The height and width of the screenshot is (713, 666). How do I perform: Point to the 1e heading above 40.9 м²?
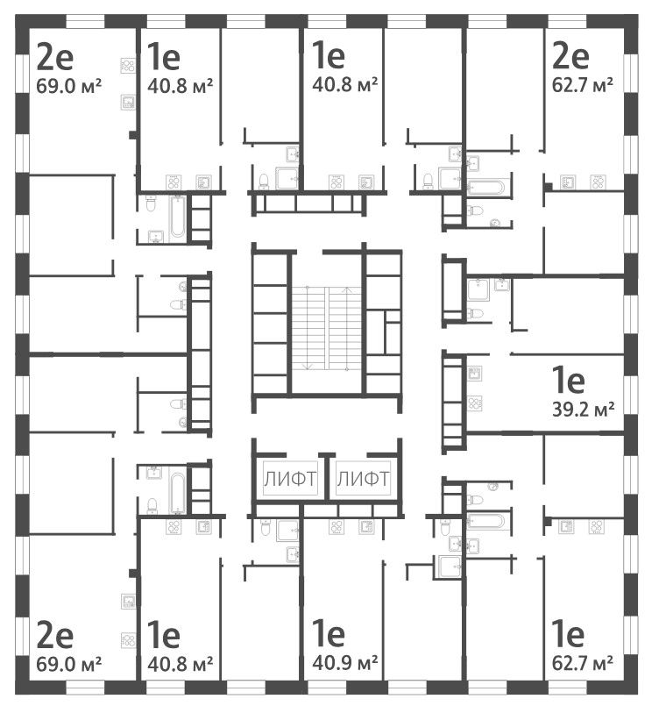pyautogui.click(x=329, y=634)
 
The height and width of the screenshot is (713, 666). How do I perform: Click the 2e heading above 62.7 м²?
pyautogui.click(x=569, y=58)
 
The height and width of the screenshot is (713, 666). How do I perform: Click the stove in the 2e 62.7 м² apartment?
pyautogui.click(x=599, y=182)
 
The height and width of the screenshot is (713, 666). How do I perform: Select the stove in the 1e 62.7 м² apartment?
pyautogui.click(x=599, y=527)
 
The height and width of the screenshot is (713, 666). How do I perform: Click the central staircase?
pyautogui.click(x=326, y=327)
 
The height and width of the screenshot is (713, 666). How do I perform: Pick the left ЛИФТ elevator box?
pyautogui.click(x=285, y=479)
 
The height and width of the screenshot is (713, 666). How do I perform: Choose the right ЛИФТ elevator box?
pyautogui.click(x=363, y=479)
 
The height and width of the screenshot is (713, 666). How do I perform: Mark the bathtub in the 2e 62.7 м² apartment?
pyautogui.click(x=485, y=187)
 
